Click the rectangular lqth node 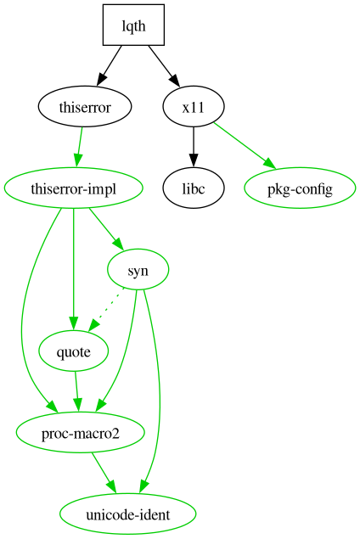tap(133, 25)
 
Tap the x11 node tap(194, 107)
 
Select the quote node tap(73, 351)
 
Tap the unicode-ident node tap(128, 514)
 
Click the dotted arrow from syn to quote tap(107, 309)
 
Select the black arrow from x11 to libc tap(194, 148)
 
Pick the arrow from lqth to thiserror tap(110, 65)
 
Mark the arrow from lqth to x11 tap(163, 65)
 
